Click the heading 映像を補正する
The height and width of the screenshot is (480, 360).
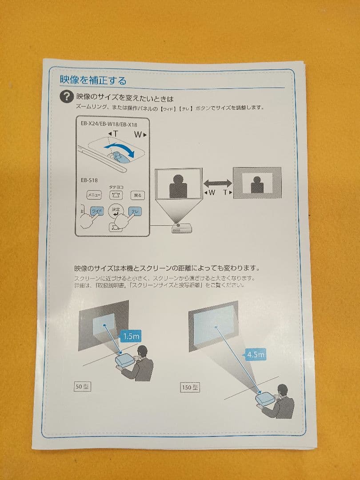(x=93, y=80)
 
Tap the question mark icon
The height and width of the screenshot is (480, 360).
(x=67, y=97)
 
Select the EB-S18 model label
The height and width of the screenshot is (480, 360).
(x=89, y=180)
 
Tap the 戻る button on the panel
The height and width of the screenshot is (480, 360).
(x=138, y=195)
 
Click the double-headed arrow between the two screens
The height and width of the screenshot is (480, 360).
(x=218, y=182)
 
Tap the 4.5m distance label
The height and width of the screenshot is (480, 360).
(x=256, y=355)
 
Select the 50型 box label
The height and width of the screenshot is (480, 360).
(x=82, y=386)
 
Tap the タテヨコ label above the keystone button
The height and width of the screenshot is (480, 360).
(x=116, y=188)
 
